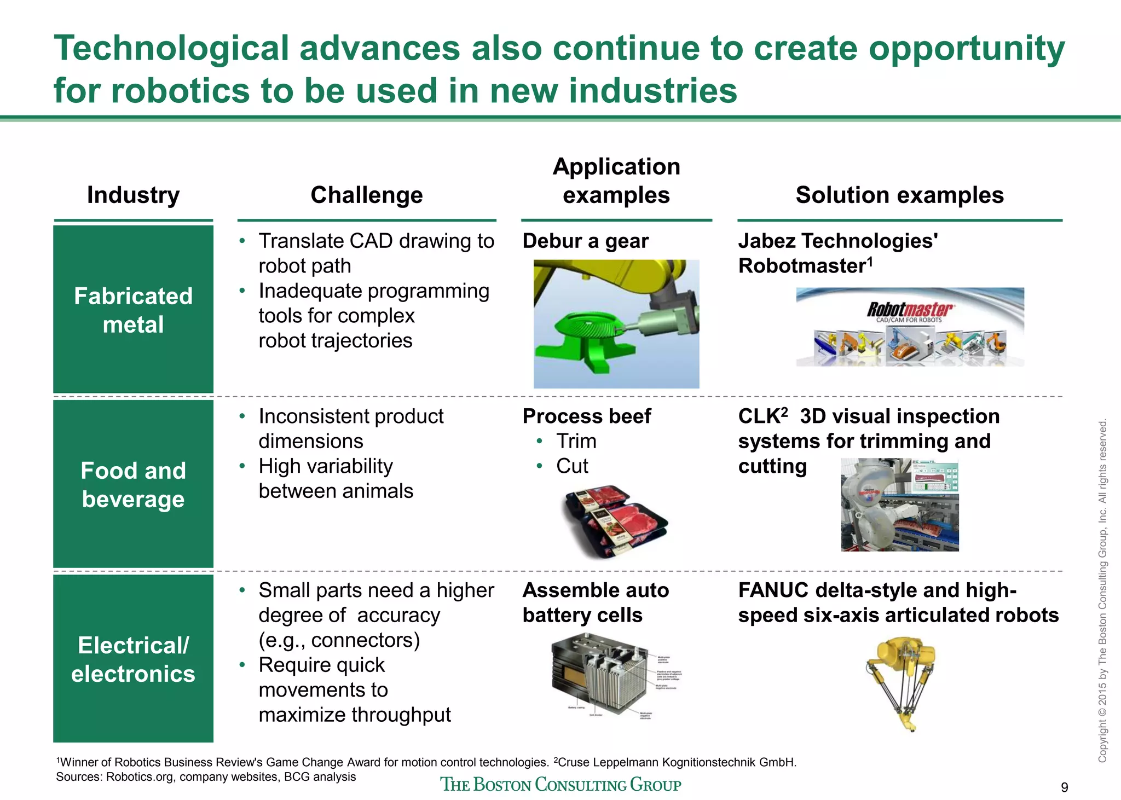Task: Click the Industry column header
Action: pyautogui.click(x=133, y=195)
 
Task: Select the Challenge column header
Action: pyautogui.click(x=366, y=195)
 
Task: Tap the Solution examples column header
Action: pyautogui.click(x=899, y=195)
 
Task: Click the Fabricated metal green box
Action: pyautogui.click(x=133, y=310)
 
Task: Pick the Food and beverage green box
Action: pyautogui.click(x=133, y=484)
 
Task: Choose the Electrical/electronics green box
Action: pyautogui.click(x=133, y=659)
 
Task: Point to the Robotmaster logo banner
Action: pyautogui.click(x=910, y=327)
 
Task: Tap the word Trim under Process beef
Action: pyautogui.click(x=576, y=441)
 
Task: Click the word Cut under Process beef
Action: pyautogui.click(x=572, y=466)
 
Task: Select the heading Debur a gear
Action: pyautogui.click(x=585, y=241)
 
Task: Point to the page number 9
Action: pyautogui.click(x=1064, y=787)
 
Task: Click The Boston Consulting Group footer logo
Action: pyautogui.click(x=560, y=785)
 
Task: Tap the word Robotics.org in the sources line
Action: pyautogui.click(x=141, y=777)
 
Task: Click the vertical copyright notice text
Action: pyautogui.click(x=1102, y=591)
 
